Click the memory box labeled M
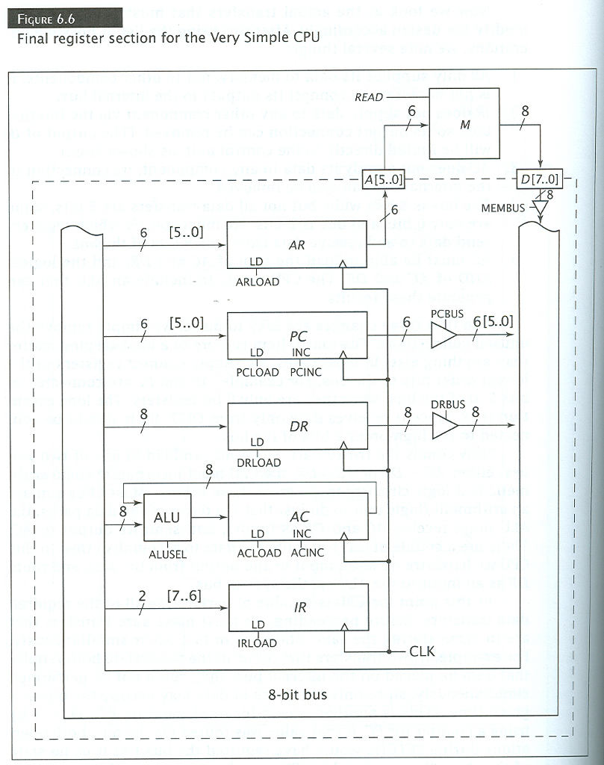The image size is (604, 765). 465,125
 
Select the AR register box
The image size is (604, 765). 296,244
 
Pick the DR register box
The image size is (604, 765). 297,427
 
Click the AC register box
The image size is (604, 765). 298,516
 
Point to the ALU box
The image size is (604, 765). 166,517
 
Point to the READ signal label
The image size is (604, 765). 369,97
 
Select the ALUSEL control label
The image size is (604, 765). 167,555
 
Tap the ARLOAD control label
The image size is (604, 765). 257,282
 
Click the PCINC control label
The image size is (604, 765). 305,372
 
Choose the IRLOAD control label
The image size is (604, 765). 256,643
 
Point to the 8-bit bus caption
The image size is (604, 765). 298,695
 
